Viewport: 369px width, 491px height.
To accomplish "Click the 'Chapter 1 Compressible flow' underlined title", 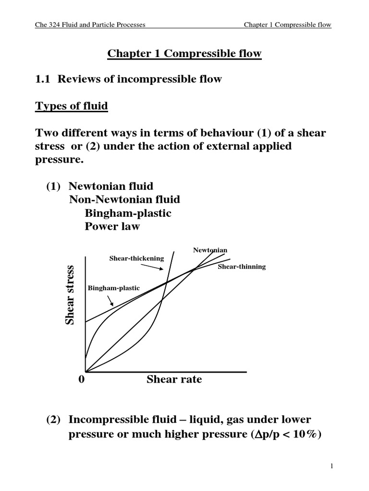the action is (x=184, y=53).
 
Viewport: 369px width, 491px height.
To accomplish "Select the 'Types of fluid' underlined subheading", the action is (x=72, y=105).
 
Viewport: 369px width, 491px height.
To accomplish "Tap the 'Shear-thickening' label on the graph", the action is (x=136, y=258).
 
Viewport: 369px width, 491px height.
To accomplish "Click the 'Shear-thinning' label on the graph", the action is (x=242, y=267).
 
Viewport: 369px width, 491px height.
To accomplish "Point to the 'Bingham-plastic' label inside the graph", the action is (x=113, y=288).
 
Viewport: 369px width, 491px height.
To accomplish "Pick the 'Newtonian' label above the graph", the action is (x=210, y=250).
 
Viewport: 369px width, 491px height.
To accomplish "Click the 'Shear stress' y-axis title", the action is (x=70, y=294).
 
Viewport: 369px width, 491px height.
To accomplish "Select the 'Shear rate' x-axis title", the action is (x=174, y=380).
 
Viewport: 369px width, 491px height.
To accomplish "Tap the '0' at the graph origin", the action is (x=81, y=380).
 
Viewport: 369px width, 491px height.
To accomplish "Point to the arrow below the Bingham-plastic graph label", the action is (x=111, y=301).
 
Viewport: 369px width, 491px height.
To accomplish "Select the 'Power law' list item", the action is (x=112, y=226).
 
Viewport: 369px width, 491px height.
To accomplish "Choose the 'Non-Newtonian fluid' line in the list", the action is (x=125, y=199).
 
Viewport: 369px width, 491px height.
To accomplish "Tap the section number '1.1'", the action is (x=44, y=79).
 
